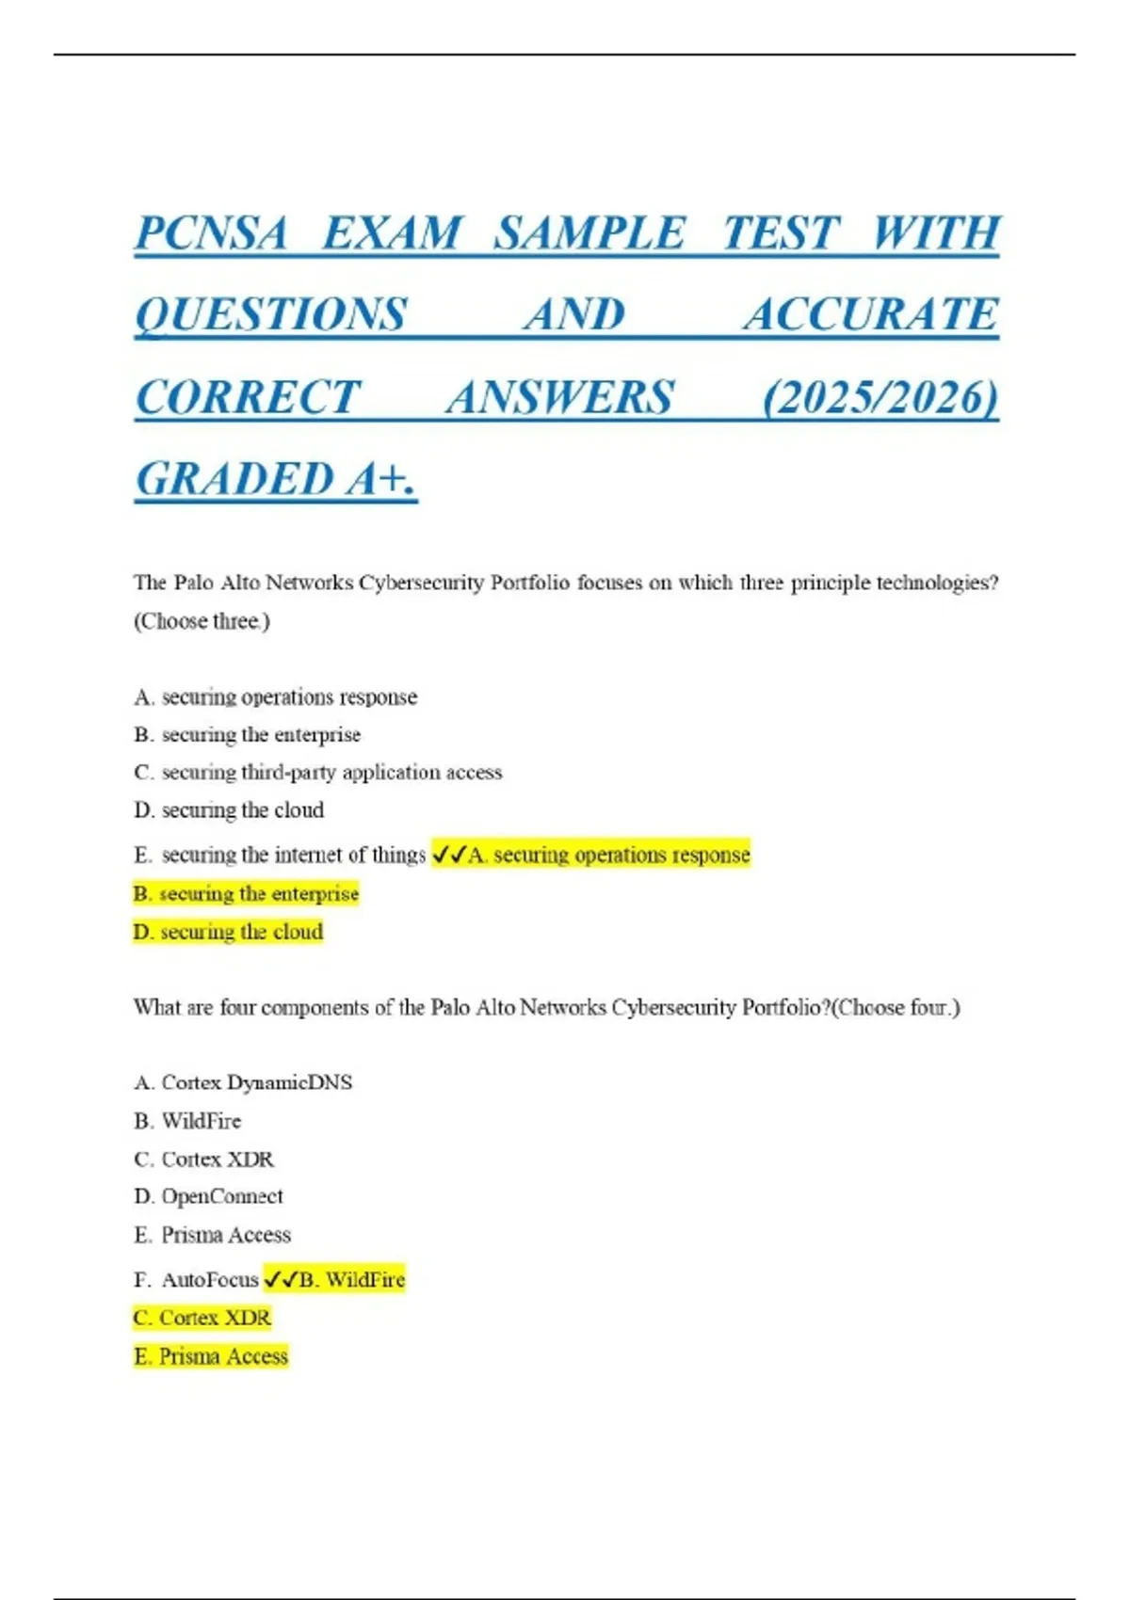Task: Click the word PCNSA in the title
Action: (x=211, y=233)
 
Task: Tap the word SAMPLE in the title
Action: (x=590, y=233)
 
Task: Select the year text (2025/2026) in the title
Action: (x=880, y=397)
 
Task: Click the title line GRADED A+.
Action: (x=275, y=479)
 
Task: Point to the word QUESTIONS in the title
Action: (x=271, y=315)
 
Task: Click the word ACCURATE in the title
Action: (x=871, y=315)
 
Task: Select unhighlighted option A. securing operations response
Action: (x=276, y=697)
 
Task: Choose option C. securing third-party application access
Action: (x=318, y=773)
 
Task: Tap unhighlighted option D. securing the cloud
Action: (x=229, y=810)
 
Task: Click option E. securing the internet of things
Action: (x=280, y=855)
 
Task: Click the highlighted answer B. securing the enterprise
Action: (x=246, y=893)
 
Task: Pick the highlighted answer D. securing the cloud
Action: (x=228, y=932)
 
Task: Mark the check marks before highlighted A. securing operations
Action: (x=449, y=855)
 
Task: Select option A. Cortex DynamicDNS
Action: (x=243, y=1082)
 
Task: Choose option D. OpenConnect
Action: (x=208, y=1196)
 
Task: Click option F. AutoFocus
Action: (x=196, y=1280)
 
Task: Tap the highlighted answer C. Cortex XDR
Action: (x=202, y=1318)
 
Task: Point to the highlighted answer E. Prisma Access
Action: (x=211, y=1356)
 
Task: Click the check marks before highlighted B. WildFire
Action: (x=281, y=1280)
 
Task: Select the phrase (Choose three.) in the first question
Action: (x=202, y=621)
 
